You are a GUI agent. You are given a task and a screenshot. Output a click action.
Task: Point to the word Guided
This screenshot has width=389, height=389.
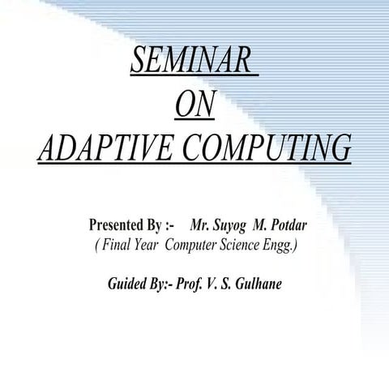tap(129, 284)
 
